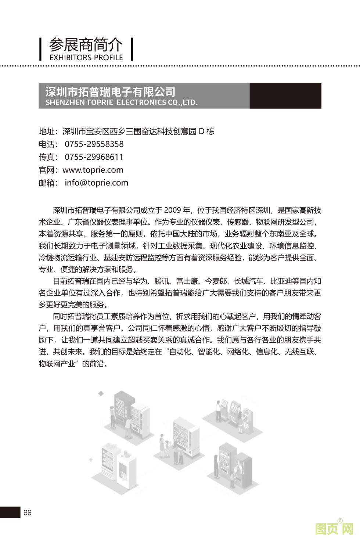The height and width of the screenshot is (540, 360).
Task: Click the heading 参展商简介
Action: coord(86,45)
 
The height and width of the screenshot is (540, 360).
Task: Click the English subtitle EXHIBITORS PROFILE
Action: coord(86,58)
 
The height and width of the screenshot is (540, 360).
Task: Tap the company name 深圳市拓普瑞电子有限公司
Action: coord(110,91)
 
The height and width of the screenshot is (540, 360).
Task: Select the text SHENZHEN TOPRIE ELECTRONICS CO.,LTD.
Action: coord(122,102)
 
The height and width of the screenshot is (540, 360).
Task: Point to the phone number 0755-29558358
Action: coord(94,144)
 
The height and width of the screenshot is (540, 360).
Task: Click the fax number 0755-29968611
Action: coord(94,157)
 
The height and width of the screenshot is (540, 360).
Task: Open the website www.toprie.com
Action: coord(93,170)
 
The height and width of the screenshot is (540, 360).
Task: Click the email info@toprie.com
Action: coord(97,183)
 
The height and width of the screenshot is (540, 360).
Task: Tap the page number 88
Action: coord(28,512)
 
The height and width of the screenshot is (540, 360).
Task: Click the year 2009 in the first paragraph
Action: coord(172,210)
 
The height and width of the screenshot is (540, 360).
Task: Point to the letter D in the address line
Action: coord(201,131)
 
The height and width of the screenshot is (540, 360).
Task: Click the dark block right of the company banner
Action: coord(285,96)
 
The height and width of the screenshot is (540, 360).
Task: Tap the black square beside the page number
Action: coord(10,512)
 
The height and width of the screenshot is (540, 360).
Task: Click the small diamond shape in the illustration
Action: coord(101,394)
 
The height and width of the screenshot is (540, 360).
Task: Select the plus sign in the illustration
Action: coord(91,460)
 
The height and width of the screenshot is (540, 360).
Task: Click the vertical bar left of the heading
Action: coord(41,49)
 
